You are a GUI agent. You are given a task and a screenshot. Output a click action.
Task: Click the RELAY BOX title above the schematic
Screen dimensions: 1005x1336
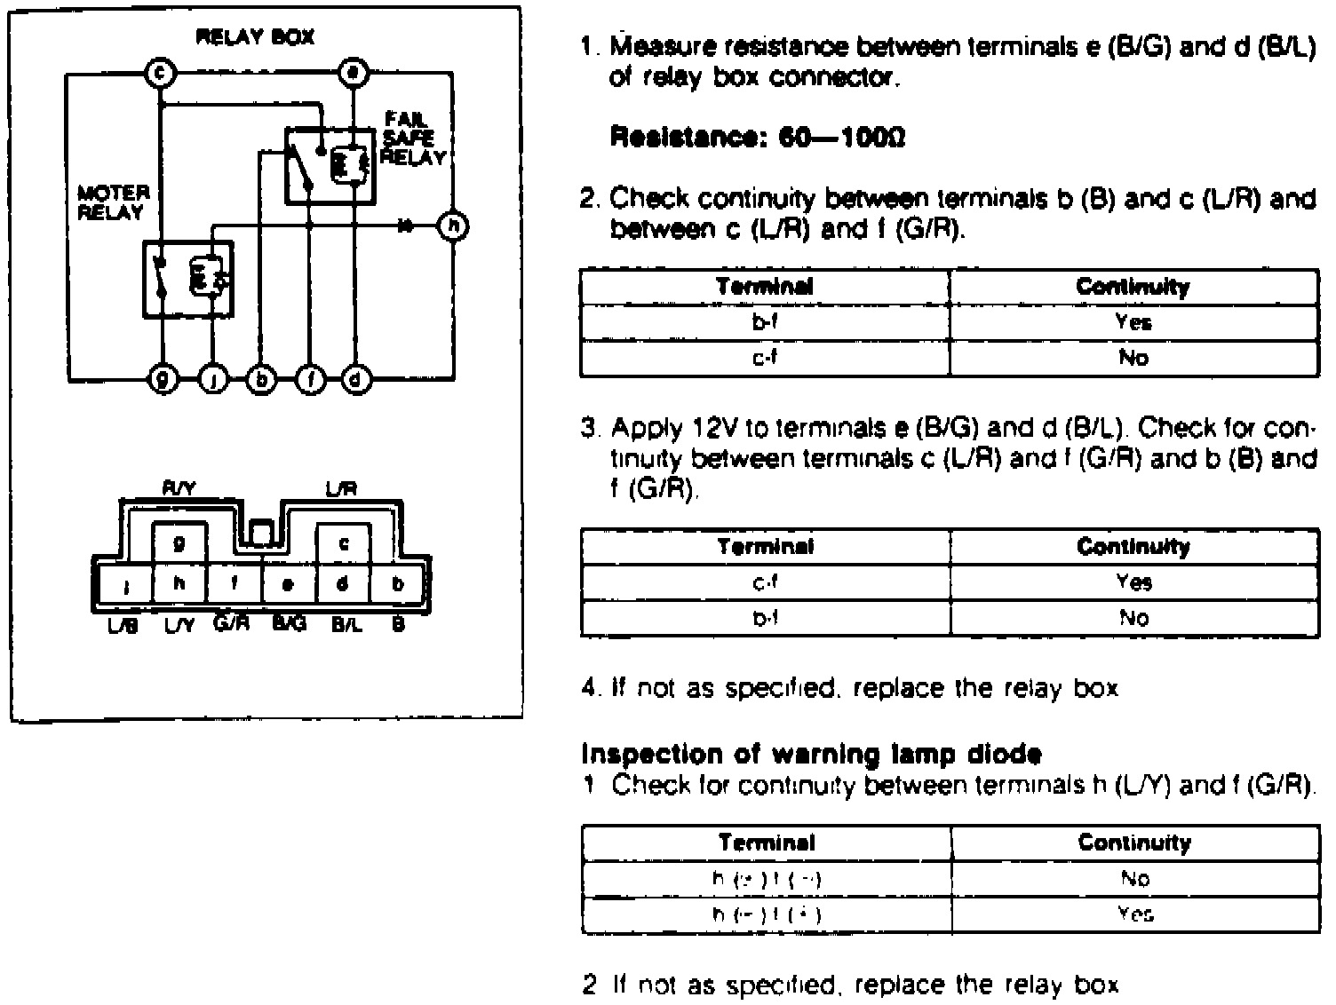click(255, 38)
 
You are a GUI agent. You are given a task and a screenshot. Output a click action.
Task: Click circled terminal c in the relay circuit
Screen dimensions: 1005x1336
click(159, 74)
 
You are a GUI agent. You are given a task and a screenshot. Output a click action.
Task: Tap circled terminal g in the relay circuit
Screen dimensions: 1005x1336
click(163, 380)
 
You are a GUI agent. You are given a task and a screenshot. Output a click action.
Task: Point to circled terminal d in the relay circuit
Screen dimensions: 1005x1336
click(356, 380)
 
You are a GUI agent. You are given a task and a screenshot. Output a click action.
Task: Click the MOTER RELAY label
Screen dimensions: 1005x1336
click(114, 202)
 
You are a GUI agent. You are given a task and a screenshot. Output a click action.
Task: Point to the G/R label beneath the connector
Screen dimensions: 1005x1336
click(233, 624)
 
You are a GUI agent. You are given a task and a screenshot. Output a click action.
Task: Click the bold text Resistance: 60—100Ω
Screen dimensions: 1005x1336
click(758, 138)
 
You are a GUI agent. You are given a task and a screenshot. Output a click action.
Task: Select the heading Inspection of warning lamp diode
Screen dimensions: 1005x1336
click(810, 755)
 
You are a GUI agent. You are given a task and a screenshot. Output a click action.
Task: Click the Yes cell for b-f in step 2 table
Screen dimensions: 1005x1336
click(1133, 322)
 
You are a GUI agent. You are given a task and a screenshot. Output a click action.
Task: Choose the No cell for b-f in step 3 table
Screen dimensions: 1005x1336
click(1133, 618)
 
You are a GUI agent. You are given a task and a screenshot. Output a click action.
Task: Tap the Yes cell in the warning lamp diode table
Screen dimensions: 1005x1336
click(1133, 914)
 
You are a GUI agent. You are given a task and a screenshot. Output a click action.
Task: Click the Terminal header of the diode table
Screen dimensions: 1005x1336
click(766, 843)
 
